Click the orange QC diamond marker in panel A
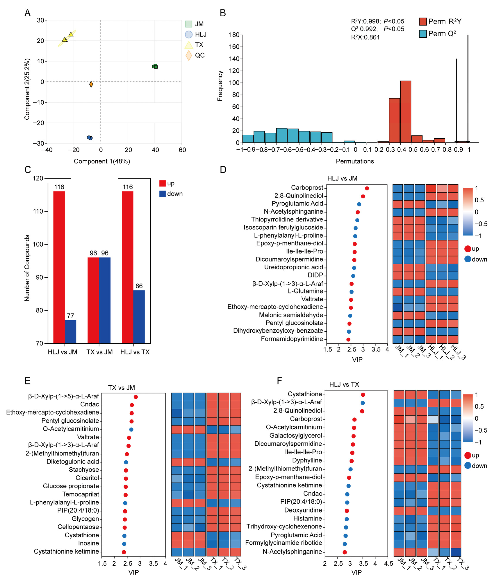pos(91,84)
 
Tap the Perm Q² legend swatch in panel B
pos(423,34)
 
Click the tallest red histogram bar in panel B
pos(405,112)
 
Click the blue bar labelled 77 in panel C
pos(71,332)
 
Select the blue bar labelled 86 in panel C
pos(139,317)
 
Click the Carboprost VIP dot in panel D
pos(367,188)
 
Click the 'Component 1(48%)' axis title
pos(102,161)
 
